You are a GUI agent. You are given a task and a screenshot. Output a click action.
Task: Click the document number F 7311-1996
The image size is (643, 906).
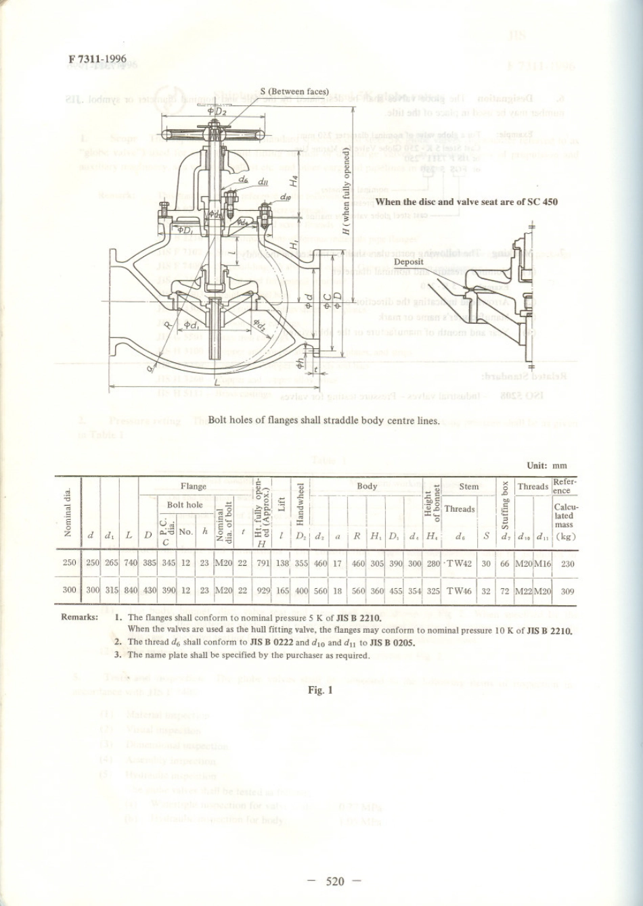(x=97, y=59)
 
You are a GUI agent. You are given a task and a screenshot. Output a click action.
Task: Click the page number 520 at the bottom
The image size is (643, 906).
(x=335, y=880)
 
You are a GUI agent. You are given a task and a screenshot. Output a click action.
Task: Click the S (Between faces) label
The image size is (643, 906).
(x=294, y=91)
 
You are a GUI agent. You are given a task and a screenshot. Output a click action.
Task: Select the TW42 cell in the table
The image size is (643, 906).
(x=460, y=563)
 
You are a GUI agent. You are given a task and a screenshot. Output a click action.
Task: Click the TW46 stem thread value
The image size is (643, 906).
(x=460, y=590)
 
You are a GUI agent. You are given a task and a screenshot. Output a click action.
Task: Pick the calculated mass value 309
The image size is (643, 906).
(x=568, y=590)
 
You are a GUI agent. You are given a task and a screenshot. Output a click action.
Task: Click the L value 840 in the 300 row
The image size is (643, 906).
(x=130, y=590)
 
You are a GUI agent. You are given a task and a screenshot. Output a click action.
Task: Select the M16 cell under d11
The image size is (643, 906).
(x=543, y=563)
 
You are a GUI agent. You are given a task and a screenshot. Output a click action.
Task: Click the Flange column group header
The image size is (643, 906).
(x=194, y=486)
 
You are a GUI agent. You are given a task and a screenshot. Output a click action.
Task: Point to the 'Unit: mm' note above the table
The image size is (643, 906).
(x=548, y=466)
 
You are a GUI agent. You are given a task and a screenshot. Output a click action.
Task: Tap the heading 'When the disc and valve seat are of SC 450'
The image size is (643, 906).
(x=466, y=201)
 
